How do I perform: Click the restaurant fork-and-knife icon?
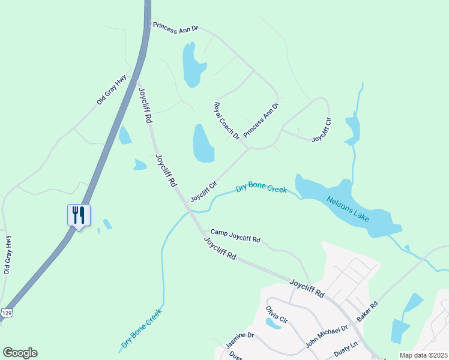click(x=79, y=215)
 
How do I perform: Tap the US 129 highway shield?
click(x=7, y=313)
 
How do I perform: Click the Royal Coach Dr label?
click(x=227, y=121)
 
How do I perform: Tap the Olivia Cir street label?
click(x=277, y=315)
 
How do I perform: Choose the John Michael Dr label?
click(x=327, y=337)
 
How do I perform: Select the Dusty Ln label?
click(x=346, y=347)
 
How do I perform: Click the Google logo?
click(x=20, y=353)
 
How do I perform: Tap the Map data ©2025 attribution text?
click(x=423, y=355)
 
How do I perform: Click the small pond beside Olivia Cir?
click(x=273, y=324)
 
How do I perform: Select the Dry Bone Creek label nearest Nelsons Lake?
click(x=261, y=188)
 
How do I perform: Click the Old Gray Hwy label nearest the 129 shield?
click(x=8, y=255)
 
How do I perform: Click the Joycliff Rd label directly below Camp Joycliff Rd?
click(x=220, y=248)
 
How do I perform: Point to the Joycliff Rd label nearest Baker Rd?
click(x=307, y=288)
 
